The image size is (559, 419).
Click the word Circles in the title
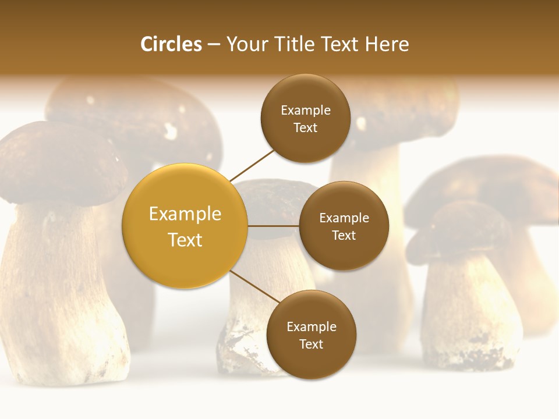171,44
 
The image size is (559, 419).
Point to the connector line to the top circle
252,165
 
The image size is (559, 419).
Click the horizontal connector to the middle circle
273,226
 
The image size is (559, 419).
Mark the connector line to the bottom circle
256,287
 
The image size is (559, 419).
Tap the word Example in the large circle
185,214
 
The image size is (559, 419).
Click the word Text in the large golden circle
185,240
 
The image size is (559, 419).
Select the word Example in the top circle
306,111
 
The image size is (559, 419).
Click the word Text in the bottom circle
311,344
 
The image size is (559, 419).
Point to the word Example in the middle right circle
344,218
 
